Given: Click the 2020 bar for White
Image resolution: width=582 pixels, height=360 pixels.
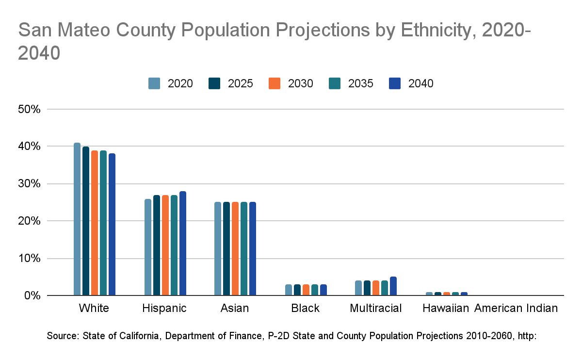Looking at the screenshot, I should click(77, 219).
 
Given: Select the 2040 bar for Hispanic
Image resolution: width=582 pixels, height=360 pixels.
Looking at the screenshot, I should click(183, 243).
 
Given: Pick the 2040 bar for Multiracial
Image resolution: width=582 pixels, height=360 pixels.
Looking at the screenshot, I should click(393, 286).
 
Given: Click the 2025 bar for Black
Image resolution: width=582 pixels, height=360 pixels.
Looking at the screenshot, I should click(297, 290).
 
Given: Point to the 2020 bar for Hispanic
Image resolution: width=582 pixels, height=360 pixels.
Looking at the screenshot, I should click(148, 247).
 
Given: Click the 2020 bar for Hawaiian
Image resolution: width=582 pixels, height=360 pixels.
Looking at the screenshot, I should click(429, 294).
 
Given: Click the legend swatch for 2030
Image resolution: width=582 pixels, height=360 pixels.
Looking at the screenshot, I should click(275, 83).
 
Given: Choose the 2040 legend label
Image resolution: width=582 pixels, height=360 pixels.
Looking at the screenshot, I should click(421, 83).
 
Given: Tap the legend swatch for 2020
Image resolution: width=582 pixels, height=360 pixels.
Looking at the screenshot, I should click(155, 83).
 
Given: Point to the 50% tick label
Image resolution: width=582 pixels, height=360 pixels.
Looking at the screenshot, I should click(29, 109).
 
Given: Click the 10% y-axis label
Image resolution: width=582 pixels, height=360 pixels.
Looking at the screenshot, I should click(29, 258).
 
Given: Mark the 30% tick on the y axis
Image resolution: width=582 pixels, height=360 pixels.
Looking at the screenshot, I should click(29, 184).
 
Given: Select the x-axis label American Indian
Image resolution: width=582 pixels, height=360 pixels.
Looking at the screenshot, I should click(516, 308).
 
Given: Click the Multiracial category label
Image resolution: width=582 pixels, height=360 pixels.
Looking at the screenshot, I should click(376, 308).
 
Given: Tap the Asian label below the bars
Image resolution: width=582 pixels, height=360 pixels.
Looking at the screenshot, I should click(235, 308).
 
